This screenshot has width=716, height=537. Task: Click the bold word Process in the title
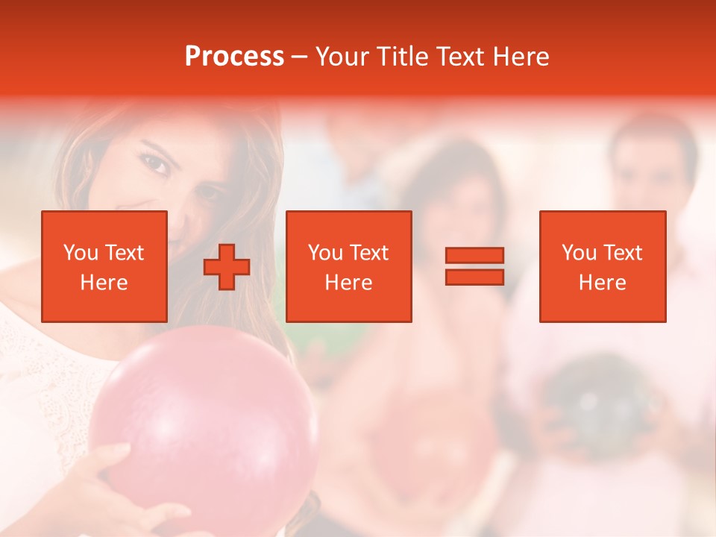click(x=234, y=57)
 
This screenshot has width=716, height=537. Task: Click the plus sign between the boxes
click(x=227, y=267)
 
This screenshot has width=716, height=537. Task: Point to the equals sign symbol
click(x=474, y=266)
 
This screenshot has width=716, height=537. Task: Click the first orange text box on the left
click(x=104, y=266)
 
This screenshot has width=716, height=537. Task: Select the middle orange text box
click(x=348, y=266)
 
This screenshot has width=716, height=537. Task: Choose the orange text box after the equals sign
click(x=602, y=266)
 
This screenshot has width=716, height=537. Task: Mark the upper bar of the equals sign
click(x=474, y=255)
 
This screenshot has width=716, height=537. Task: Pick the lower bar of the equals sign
click(x=474, y=277)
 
